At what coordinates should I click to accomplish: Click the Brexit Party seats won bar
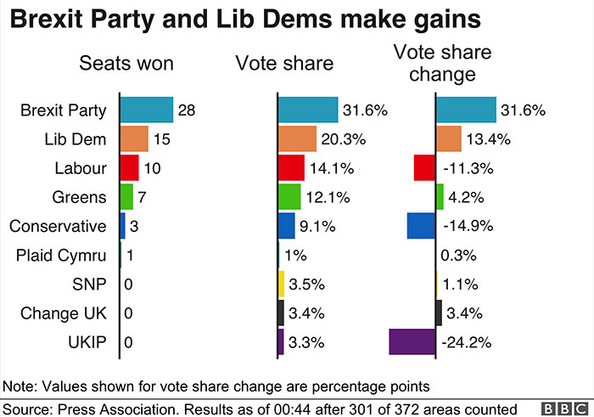(146, 110)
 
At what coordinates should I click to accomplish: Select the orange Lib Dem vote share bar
(296, 138)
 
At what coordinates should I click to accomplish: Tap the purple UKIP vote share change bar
(412, 341)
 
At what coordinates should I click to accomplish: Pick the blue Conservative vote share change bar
(421, 226)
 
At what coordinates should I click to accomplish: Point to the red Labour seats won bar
(129, 167)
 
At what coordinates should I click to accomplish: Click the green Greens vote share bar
(289, 197)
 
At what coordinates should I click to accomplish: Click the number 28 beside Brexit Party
(188, 110)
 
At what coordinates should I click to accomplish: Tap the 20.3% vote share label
(342, 139)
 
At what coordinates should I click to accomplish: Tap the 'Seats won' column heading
(126, 64)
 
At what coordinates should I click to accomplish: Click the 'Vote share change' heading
(442, 64)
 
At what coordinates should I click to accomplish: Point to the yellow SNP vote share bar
(281, 285)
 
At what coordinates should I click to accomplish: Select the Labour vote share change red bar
(424, 167)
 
